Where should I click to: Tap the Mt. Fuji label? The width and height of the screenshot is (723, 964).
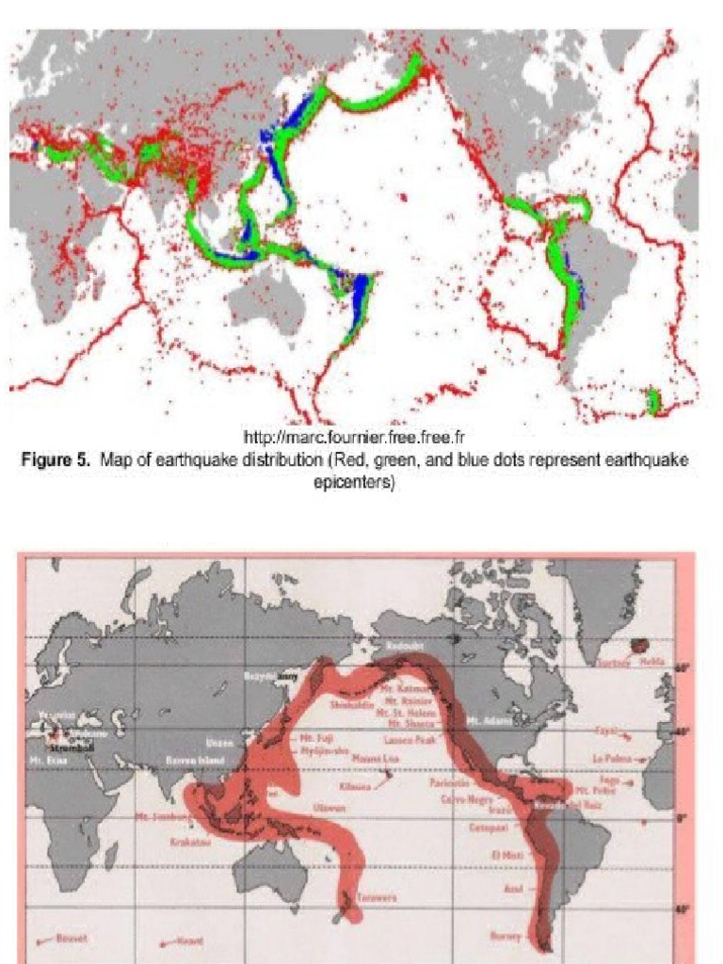click(314, 738)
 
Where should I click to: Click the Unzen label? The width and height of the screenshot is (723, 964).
click(218, 744)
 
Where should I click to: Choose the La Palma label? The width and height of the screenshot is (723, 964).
click(610, 757)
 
